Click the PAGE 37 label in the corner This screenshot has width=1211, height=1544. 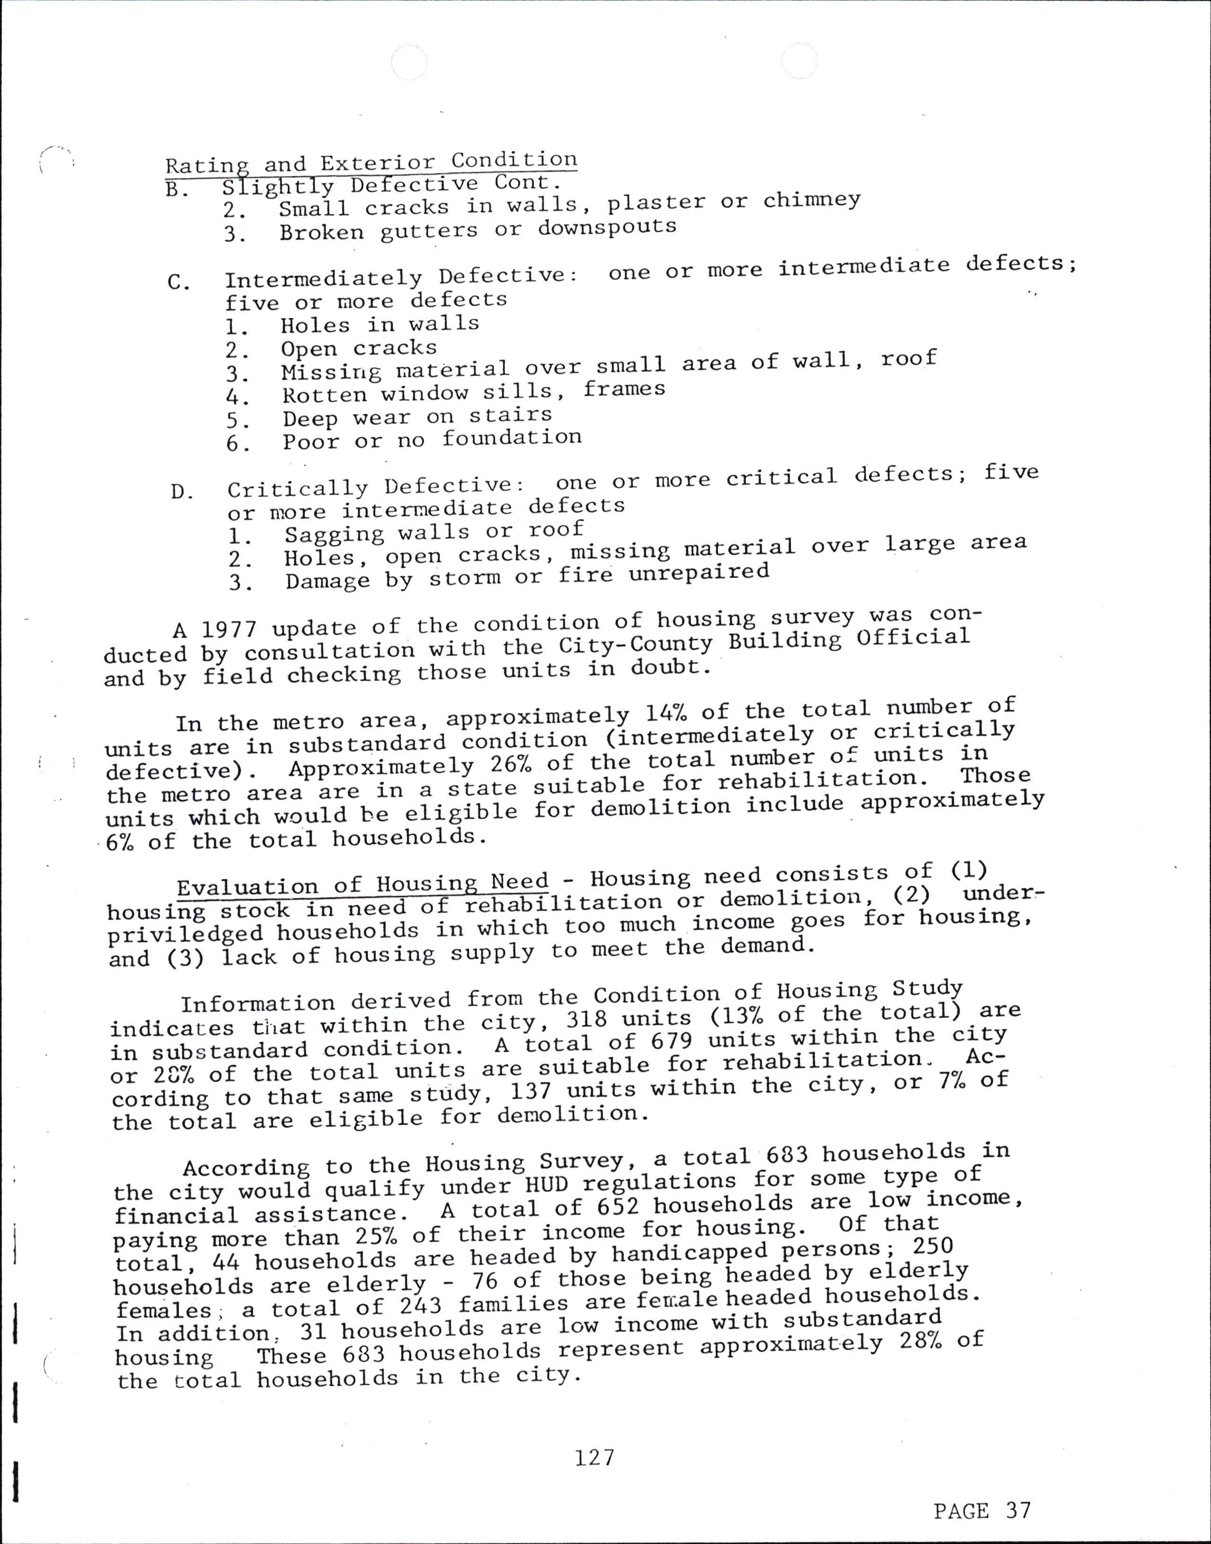[x=981, y=1511]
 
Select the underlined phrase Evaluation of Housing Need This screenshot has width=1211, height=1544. [x=362, y=885]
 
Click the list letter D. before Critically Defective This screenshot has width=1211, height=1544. [x=182, y=491]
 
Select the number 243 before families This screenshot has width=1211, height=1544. [x=422, y=1305]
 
